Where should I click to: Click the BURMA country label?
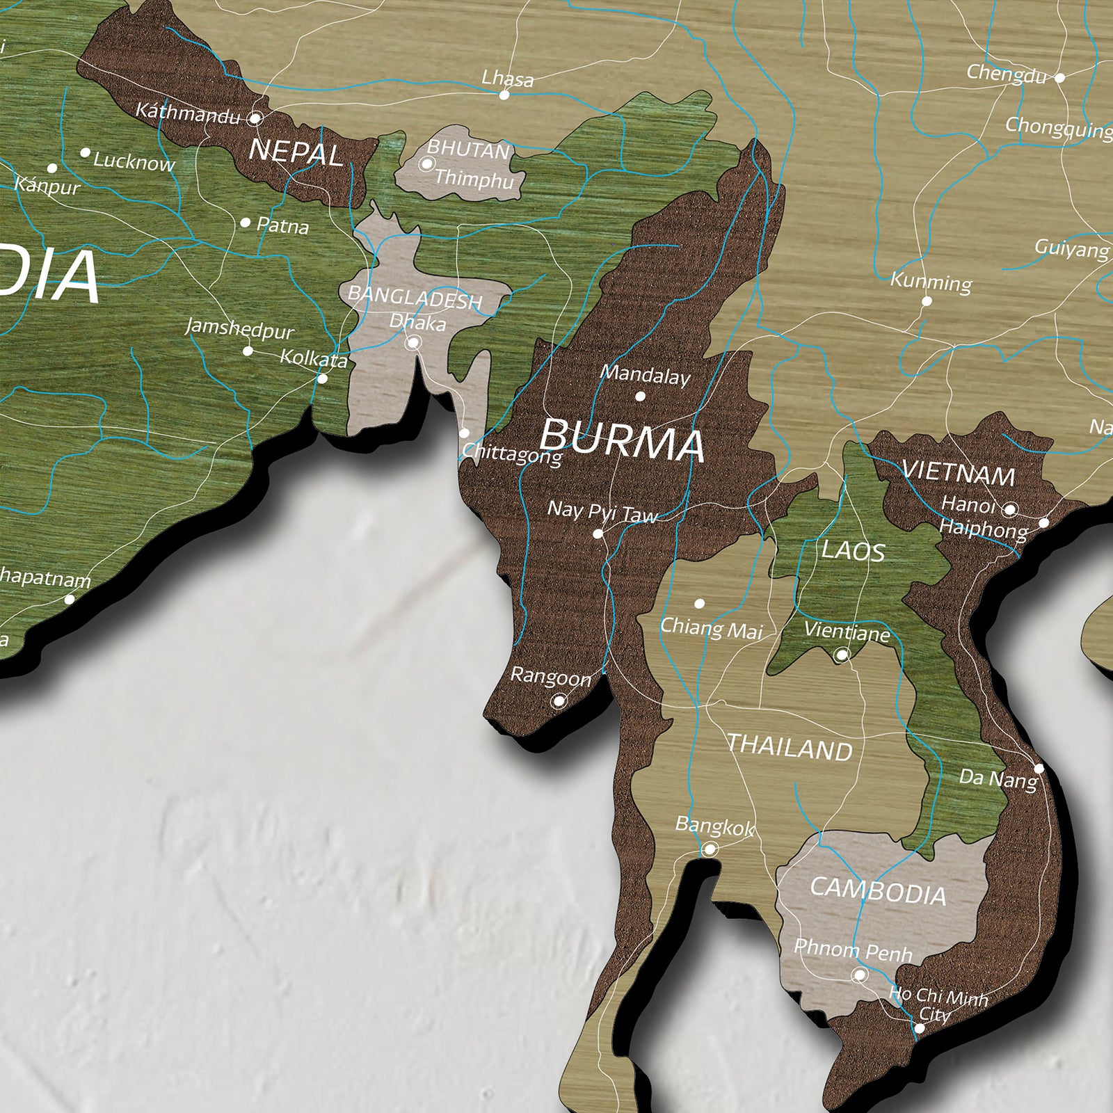coord(621,440)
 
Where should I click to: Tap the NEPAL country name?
coord(296,152)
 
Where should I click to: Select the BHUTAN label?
coord(468,149)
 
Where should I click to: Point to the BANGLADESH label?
coord(415,297)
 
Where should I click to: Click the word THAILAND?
coord(790,748)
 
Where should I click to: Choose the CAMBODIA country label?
coord(878,891)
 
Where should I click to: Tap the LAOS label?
coord(853,551)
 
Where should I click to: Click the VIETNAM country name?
coord(958,474)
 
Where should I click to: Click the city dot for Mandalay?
coord(640,397)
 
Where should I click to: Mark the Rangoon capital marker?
coord(559,701)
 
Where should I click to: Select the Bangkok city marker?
coord(710,849)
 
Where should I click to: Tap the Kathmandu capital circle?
coord(255,118)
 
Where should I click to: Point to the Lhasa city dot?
coord(504,95)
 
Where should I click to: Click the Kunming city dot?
coord(927,301)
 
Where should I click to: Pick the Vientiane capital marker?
coord(842,655)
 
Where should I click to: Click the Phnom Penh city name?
coord(853,950)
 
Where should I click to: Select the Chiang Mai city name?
coord(711,628)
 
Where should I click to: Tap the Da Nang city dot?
coord(1039,769)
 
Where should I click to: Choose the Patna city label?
coord(282,225)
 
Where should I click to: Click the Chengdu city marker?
coord(1059,78)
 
